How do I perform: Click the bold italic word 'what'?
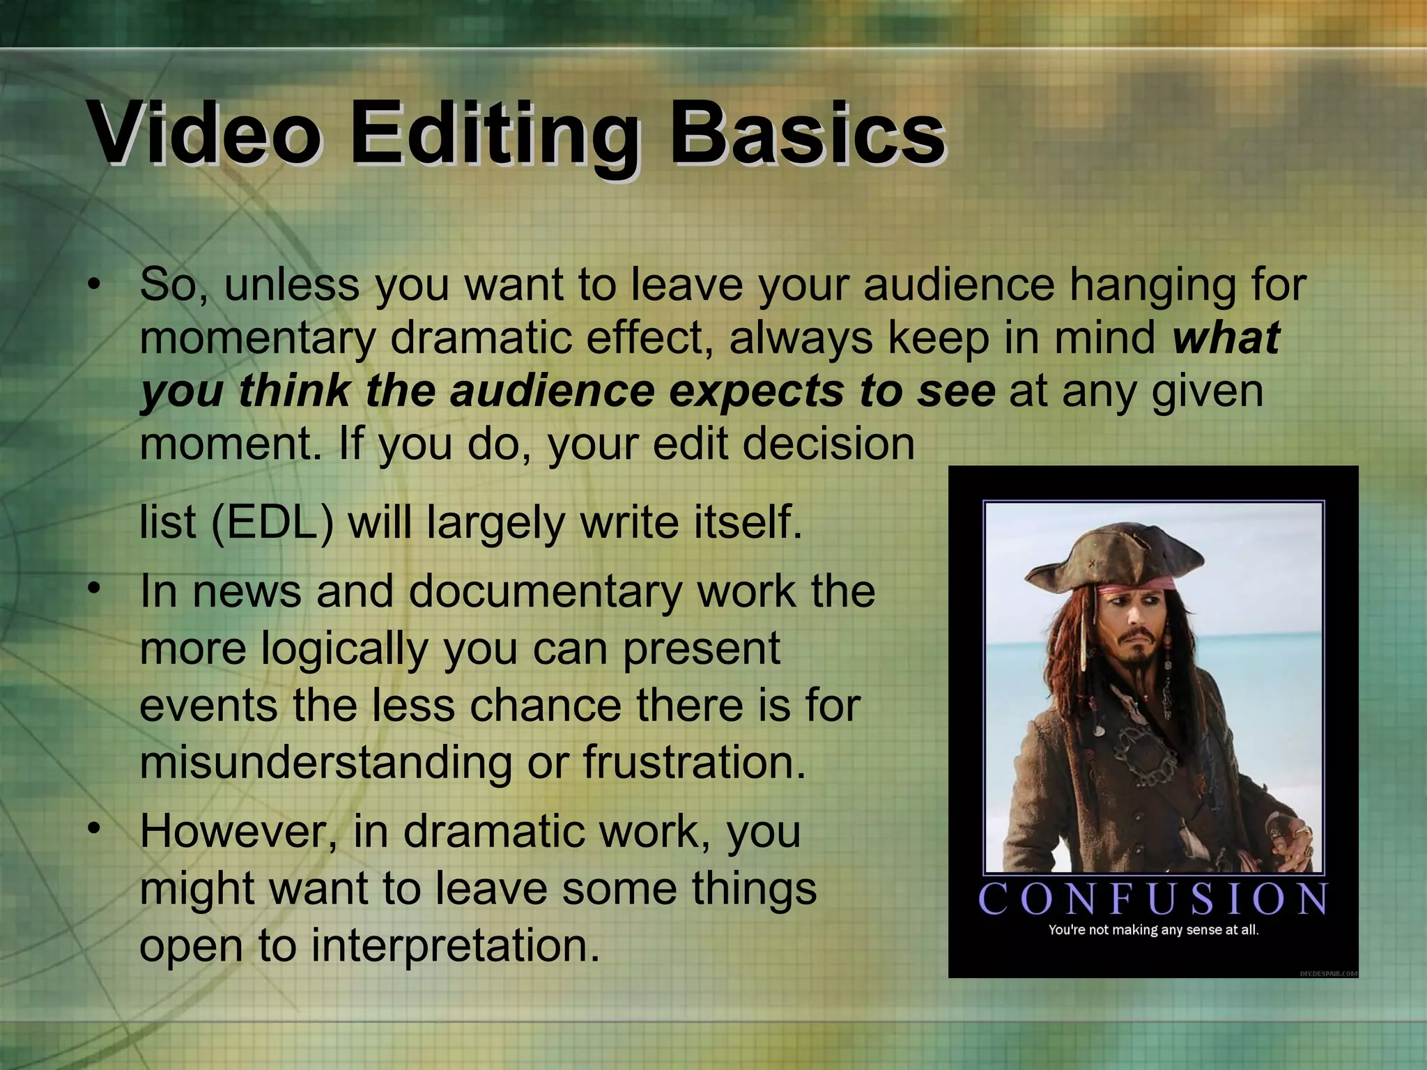[x=1226, y=337]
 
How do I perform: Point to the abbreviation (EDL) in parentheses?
[x=272, y=522]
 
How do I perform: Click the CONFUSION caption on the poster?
[x=1153, y=899]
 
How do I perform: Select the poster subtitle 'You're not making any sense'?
[x=1153, y=930]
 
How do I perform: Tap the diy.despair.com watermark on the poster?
[x=1328, y=973]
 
